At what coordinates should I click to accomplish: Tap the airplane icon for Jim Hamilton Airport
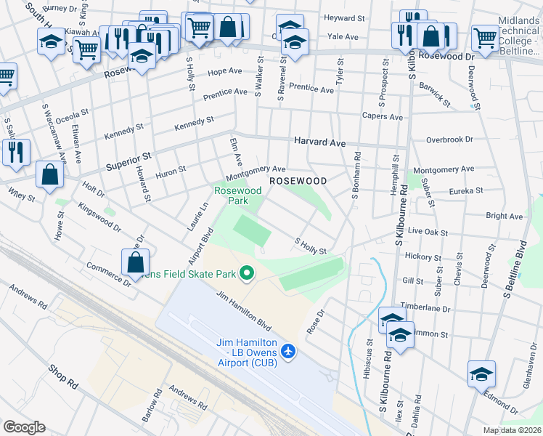point(289,352)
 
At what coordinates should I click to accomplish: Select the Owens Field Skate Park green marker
point(247,274)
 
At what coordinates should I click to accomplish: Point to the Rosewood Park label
point(237,195)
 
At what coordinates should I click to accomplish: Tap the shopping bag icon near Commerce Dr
point(136,262)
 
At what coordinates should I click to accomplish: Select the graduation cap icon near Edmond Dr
point(481,374)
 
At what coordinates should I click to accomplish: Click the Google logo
point(24,427)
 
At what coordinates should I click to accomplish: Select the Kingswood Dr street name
point(100,217)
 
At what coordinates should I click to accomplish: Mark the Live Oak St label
point(428,230)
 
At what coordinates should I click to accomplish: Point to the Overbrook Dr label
point(449,139)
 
